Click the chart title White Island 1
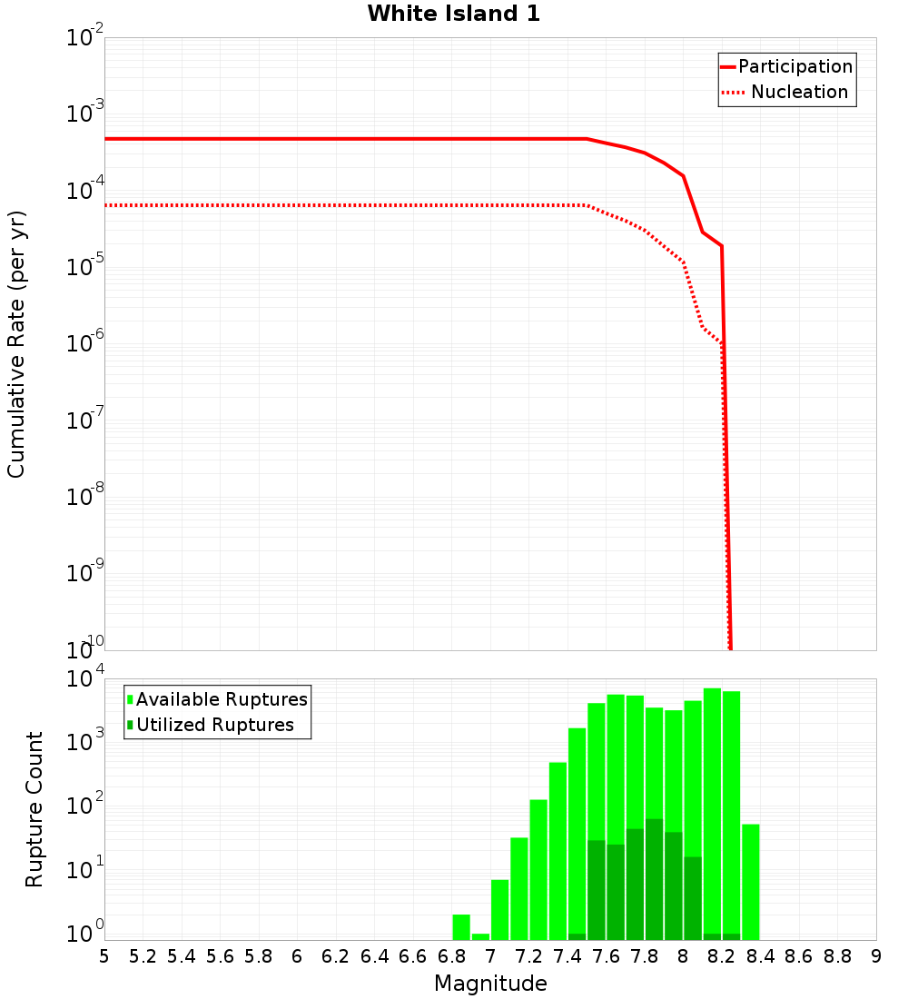pos(453,14)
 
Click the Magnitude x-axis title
pos(490,984)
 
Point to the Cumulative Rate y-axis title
pos(16,344)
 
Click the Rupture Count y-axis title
pos(35,808)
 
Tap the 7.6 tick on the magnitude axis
pos(606,956)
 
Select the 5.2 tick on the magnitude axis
pos(143,956)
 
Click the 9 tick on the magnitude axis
pos(875,956)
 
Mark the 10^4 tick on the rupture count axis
pos(87,679)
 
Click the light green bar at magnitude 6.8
pos(461,927)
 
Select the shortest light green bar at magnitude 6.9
pos(480,936)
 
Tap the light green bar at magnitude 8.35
pos(751,882)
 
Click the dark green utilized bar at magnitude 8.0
pos(693,898)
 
